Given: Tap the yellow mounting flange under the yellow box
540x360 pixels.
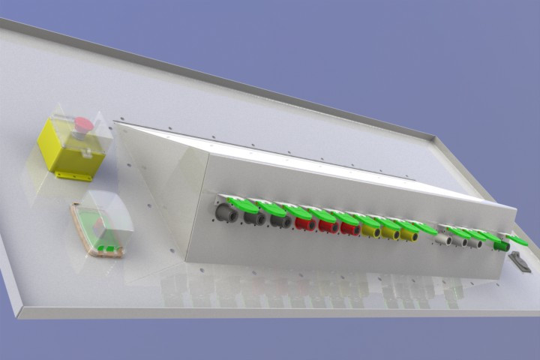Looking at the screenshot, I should click(x=74, y=176).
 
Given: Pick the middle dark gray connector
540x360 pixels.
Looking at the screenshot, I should click(x=254, y=218).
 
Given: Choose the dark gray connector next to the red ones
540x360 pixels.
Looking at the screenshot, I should click(x=281, y=221).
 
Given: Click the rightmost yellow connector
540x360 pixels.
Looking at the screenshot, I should click(x=409, y=235).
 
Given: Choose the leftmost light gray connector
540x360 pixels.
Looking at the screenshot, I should click(x=444, y=239).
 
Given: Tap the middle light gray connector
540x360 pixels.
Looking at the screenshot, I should click(x=460, y=241).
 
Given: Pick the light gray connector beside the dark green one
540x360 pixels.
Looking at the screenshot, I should click(x=475, y=243).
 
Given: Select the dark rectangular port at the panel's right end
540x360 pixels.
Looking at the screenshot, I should click(x=520, y=262).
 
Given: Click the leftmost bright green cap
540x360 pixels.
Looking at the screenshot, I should click(x=241, y=202).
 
